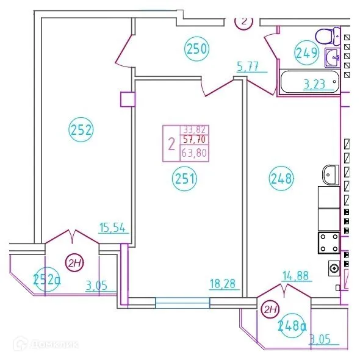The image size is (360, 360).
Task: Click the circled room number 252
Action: (x=81, y=129)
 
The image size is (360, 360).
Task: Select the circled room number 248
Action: (x=282, y=179)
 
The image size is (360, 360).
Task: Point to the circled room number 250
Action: (x=197, y=48)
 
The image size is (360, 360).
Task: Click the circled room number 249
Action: (x=307, y=52)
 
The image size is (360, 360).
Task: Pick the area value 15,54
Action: (x=112, y=228)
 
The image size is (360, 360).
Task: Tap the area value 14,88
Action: (x=297, y=276)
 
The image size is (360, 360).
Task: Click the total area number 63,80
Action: (x=195, y=154)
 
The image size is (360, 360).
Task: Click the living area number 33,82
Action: (x=195, y=130)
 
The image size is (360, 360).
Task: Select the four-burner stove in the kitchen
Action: (x=330, y=243)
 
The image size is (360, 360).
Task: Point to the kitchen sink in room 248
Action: (x=329, y=175)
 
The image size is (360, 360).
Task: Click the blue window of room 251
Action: (x=182, y=302)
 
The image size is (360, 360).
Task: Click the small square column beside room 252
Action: (x=128, y=98)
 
